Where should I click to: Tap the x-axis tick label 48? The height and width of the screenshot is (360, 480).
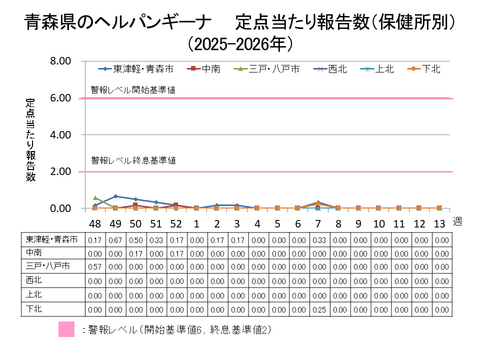tap(95, 223)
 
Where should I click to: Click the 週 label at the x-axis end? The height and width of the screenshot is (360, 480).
tap(457, 221)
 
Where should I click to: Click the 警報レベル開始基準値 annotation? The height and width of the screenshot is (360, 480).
tap(134, 90)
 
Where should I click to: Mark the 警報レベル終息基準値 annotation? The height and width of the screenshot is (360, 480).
tap(134, 160)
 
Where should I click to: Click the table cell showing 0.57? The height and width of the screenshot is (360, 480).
tap(95, 267)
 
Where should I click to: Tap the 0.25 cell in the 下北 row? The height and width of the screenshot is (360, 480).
tap(317, 308)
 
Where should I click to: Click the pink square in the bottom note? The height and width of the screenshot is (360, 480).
tap(67, 329)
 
